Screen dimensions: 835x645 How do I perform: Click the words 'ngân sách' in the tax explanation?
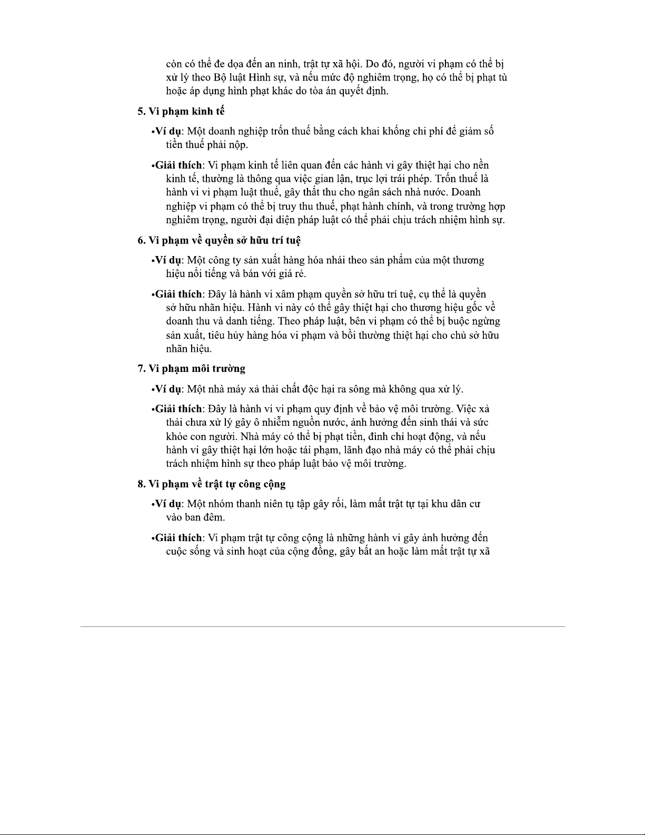point(376,192)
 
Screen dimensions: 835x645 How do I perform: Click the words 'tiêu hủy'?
point(226,335)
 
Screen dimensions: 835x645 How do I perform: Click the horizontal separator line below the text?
point(322,626)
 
